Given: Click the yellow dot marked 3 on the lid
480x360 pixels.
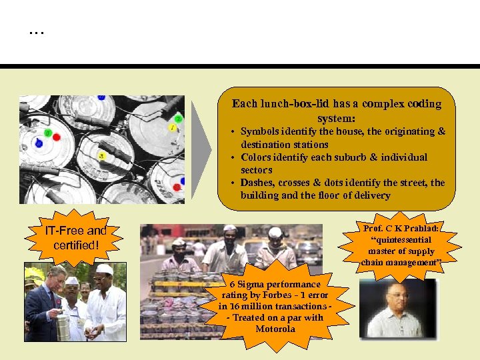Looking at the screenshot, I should pyautogui.click(x=101, y=155).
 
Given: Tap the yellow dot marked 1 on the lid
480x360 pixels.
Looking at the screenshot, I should pyautogui.click(x=173, y=127).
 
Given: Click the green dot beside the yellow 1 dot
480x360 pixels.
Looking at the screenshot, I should pyautogui.click(x=178, y=119).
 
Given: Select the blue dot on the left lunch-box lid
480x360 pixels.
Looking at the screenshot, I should pyautogui.click(x=39, y=143).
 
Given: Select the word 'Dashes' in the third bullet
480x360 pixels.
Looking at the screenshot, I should pyautogui.click(x=257, y=183).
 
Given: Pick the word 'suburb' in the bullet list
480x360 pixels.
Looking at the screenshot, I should pyautogui.click(x=345, y=157).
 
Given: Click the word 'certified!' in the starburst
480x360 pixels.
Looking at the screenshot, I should pyautogui.click(x=75, y=245).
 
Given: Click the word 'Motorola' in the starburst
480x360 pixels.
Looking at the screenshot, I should pyautogui.click(x=275, y=329).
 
